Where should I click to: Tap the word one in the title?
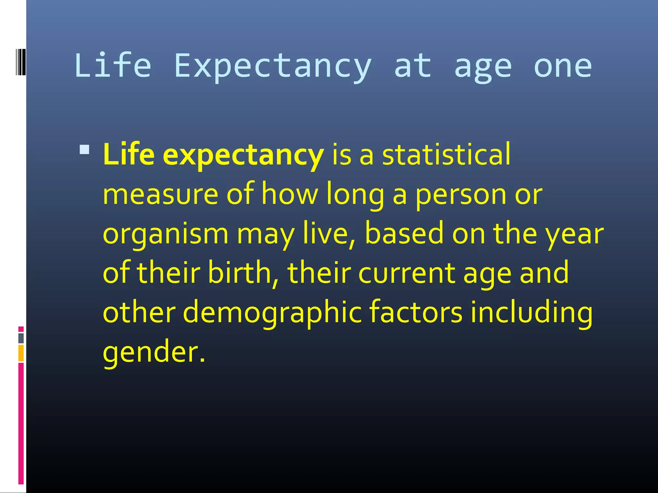point(563,66)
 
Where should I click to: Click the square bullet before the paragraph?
point(84,150)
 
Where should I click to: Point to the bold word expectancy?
point(243,155)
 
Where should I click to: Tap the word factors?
point(416,312)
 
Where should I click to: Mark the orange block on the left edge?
point(21,353)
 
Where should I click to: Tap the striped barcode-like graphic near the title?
point(21,62)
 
